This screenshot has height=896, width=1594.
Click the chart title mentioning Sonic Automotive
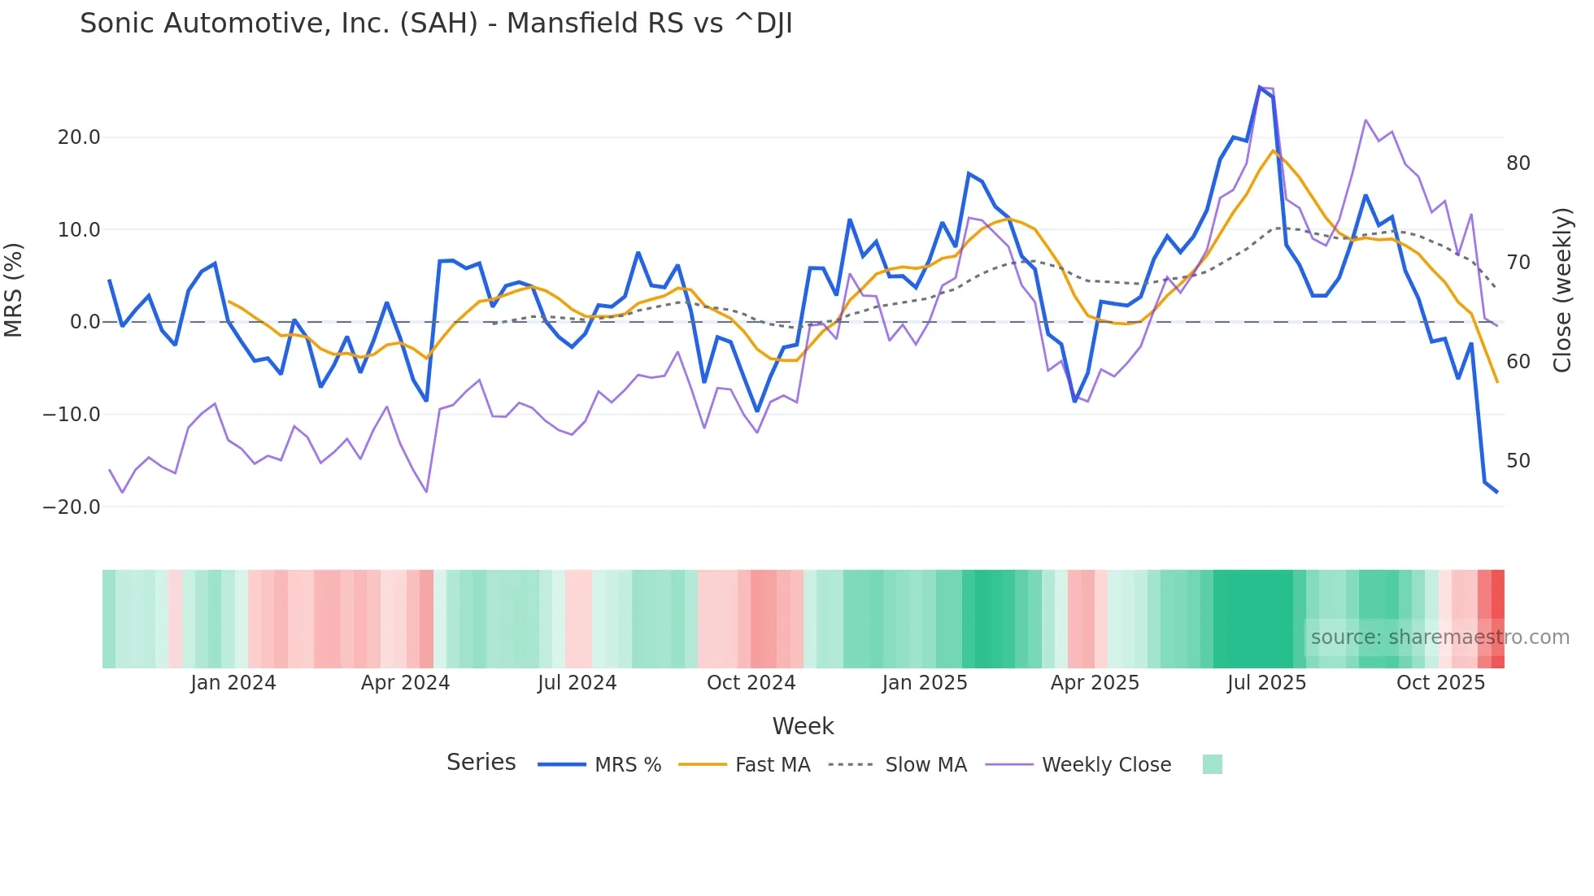(x=436, y=24)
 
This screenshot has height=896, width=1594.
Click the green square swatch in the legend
(x=1212, y=764)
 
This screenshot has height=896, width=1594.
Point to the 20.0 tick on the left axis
(x=79, y=137)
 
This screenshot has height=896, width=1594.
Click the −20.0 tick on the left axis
(x=72, y=507)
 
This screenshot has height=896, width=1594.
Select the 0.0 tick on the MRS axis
(x=85, y=322)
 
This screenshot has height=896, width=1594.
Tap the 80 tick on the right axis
(x=1518, y=163)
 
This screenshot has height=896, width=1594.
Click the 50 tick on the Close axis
(x=1518, y=461)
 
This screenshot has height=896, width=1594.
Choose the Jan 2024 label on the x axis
(x=233, y=683)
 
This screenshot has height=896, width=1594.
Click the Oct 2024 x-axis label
(x=751, y=683)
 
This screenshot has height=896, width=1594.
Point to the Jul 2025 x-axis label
(x=1266, y=683)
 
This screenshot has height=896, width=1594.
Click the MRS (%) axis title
(x=14, y=289)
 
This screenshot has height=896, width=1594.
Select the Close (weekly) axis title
(x=1562, y=289)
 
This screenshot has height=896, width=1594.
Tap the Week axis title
(x=803, y=726)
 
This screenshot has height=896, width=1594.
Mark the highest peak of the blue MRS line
(x=1260, y=87)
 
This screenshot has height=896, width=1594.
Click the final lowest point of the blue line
(x=1496, y=492)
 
